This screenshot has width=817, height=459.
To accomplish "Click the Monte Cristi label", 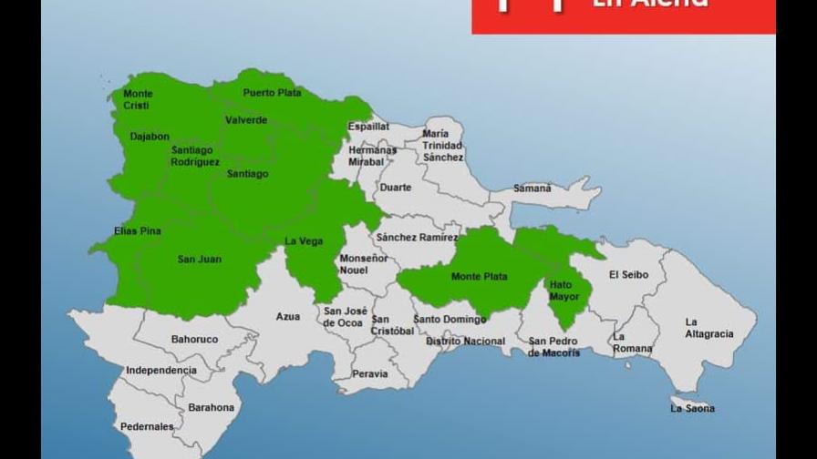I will (x=139, y=99).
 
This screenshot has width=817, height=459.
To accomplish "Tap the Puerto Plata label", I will (x=272, y=92).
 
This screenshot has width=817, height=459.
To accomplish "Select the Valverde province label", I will (x=246, y=120).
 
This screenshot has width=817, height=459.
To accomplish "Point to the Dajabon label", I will (x=150, y=137).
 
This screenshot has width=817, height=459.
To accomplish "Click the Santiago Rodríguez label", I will (x=194, y=156).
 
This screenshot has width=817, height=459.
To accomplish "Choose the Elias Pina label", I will (x=138, y=231).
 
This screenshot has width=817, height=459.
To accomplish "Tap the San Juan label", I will (x=199, y=260).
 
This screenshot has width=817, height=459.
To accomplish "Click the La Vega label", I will (x=303, y=241).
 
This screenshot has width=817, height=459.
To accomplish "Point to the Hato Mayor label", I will (x=564, y=291).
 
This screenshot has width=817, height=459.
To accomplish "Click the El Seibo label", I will (x=626, y=274).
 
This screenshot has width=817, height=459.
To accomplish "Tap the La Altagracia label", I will (x=708, y=328).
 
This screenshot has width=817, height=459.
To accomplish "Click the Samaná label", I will (x=533, y=189).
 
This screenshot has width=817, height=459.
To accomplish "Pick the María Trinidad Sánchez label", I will (x=442, y=146).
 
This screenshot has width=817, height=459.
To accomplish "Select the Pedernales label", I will (x=147, y=426).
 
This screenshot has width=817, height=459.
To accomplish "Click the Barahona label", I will (x=211, y=408).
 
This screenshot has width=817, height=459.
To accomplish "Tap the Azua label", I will (x=288, y=317).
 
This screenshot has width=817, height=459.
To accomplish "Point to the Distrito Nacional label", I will (x=465, y=342).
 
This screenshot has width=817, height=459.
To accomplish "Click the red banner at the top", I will (x=623, y=15).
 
